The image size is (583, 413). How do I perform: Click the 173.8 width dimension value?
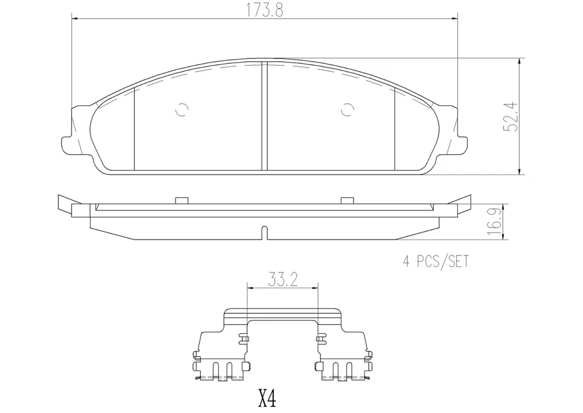(x=264, y=11)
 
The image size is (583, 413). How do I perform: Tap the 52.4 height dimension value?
(x=511, y=117)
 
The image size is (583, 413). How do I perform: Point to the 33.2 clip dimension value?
(x=283, y=280)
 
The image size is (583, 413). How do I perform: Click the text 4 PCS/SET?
(x=436, y=262)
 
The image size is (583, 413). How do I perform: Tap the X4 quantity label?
(x=267, y=398)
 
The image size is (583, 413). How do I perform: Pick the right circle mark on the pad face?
(x=347, y=109)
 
